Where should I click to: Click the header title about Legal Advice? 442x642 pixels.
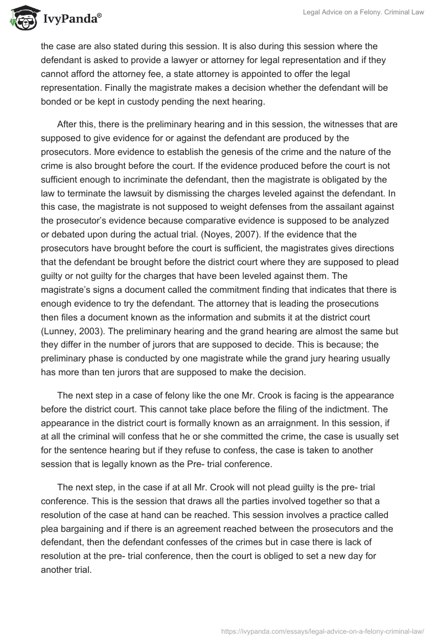363,13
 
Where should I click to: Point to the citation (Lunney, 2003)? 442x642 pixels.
68,332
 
